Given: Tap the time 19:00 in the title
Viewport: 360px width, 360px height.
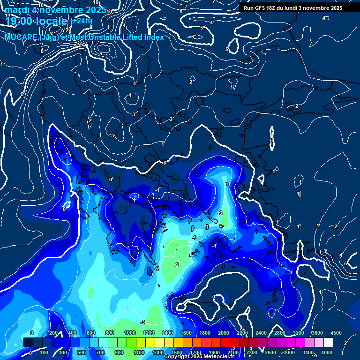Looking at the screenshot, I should pyautogui.click(x=19, y=22).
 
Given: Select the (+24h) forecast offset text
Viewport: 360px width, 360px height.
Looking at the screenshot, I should pyautogui.click(x=81, y=21).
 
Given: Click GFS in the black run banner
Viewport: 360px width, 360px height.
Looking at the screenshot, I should pyautogui.click(x=261, y=8).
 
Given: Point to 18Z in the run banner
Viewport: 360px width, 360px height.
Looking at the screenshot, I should pyautogui.click(x=273, y=8).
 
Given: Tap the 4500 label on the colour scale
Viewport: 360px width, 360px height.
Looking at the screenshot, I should pyautogui.click(x=336, y=332).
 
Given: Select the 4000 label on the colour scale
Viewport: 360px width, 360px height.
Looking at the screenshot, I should pyautogui.click(x=327, y=352).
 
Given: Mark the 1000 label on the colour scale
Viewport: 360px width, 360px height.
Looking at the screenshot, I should pyautogui.click(x=130, y=332).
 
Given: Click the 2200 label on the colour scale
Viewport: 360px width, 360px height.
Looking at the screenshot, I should pyautogui.click(x=242, y=332).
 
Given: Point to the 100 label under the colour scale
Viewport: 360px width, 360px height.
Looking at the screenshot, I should pyautogui.click(x=44, y=352).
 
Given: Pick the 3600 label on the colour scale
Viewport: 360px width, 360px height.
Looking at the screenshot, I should pyautogui.click(x=317, y=332).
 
